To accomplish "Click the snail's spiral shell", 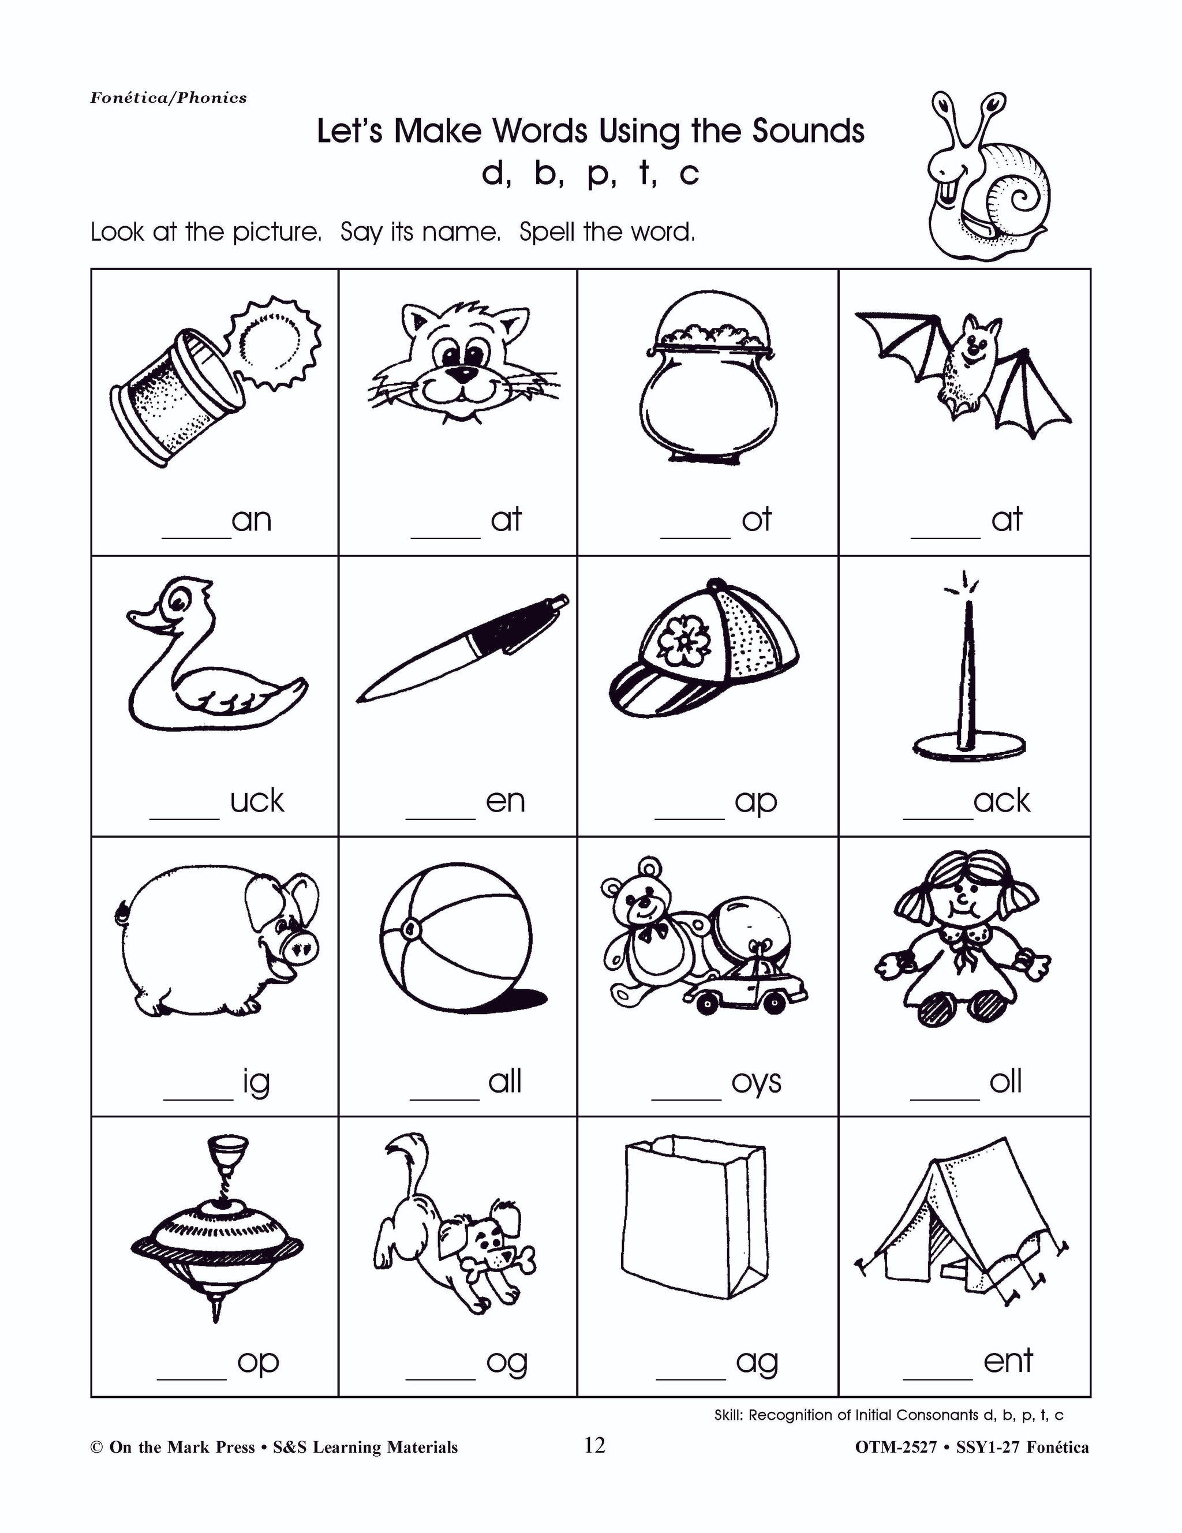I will tap(1018, 193).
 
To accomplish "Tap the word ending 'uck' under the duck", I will tap(257, 801).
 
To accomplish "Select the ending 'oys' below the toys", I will tap(756, 1082).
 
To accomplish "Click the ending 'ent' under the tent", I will tap(1008, 1360).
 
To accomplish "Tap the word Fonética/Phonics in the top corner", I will tap(169, 98).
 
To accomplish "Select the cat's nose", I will tap(461, 374).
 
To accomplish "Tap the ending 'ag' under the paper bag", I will tap(757, 1362).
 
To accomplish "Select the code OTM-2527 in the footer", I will tap(896, 1448).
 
